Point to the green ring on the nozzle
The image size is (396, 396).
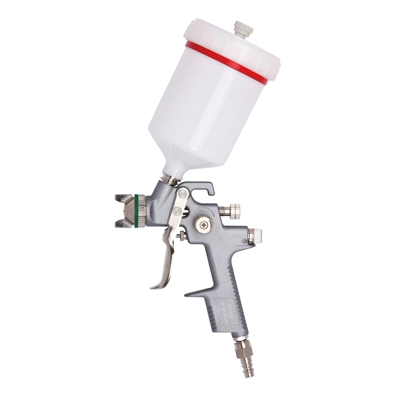[136, 211]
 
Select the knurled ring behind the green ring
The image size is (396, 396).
[142, 211]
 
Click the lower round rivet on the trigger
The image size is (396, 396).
[175, 213]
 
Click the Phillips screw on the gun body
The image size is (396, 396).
[202, 226]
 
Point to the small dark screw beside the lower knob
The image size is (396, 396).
[245, 241]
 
